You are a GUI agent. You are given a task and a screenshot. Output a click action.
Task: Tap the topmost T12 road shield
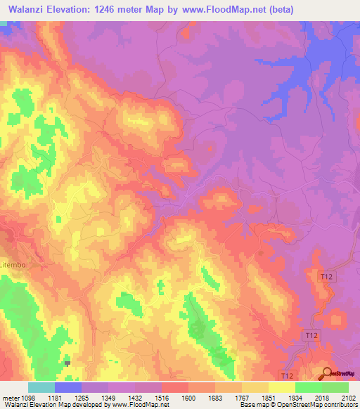coord(326,277)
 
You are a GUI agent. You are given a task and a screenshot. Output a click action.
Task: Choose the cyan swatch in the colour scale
coord(41,387)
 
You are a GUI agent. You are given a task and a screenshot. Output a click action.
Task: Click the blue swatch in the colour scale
coord(68,387)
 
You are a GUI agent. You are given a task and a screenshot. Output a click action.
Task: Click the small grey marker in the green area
coord(67,363)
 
